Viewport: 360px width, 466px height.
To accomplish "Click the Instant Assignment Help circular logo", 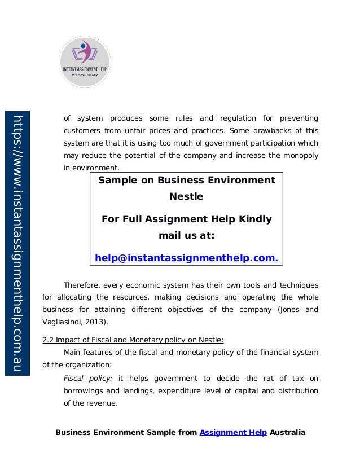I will tap(85, 62).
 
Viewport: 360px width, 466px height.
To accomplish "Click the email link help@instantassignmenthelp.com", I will tap(187, 258).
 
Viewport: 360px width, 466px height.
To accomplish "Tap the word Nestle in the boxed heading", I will tap(186, 198).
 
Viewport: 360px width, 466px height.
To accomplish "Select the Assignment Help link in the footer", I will tap(234, 433).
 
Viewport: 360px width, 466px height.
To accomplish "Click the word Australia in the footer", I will tap(288, 433).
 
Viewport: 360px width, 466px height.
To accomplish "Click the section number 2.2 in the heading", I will tap(50, 339).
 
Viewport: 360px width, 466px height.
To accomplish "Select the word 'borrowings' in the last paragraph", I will tap(82, 390).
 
